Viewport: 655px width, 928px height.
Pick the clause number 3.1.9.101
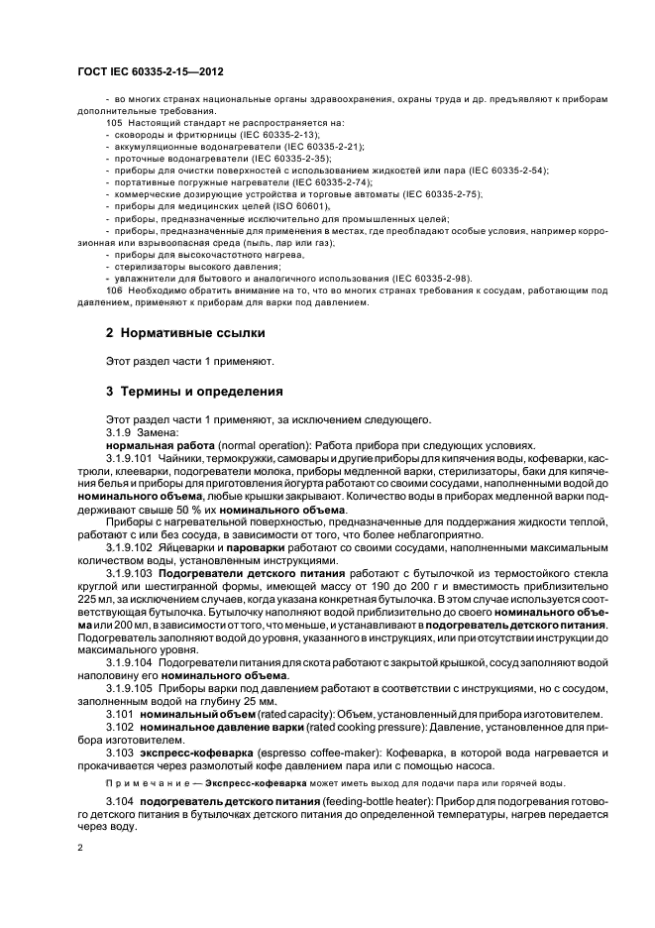(129, 459)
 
